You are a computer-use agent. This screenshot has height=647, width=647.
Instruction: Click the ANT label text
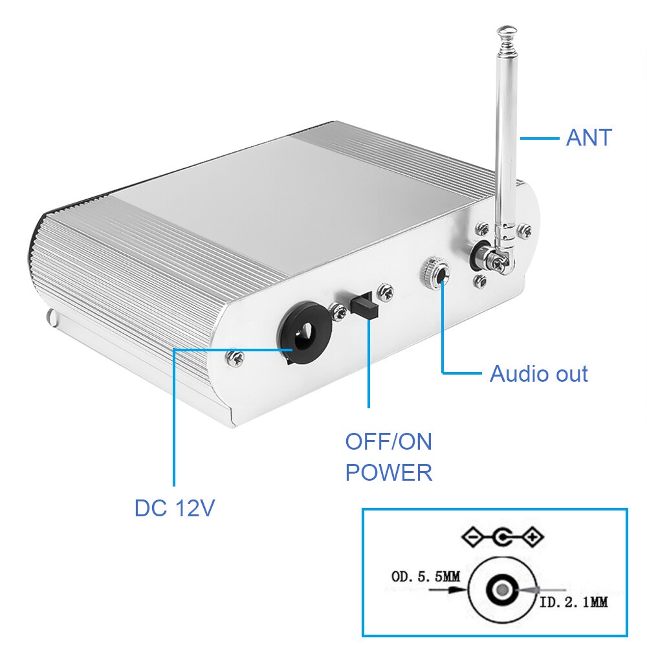click(x=589, y=138)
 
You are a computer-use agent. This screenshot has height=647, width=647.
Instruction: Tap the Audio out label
click(x=538, y=374)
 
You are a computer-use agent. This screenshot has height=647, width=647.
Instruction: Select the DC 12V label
click(x=174, y=508)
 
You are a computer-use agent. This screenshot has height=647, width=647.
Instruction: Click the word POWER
click(x=388, y=472)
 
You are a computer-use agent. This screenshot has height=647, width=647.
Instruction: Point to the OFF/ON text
click(x=388, y=442)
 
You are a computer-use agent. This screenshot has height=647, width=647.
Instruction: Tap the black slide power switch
click(x=364, y=305)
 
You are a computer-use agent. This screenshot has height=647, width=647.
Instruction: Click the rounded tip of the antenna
click(x=507, y=30)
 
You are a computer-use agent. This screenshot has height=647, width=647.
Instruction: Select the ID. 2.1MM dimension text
click(x=573, y=602)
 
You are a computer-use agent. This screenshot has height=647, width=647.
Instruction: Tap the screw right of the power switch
click(x=387, y=292)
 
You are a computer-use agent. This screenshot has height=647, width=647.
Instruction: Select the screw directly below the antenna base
click(x=480, y=281)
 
